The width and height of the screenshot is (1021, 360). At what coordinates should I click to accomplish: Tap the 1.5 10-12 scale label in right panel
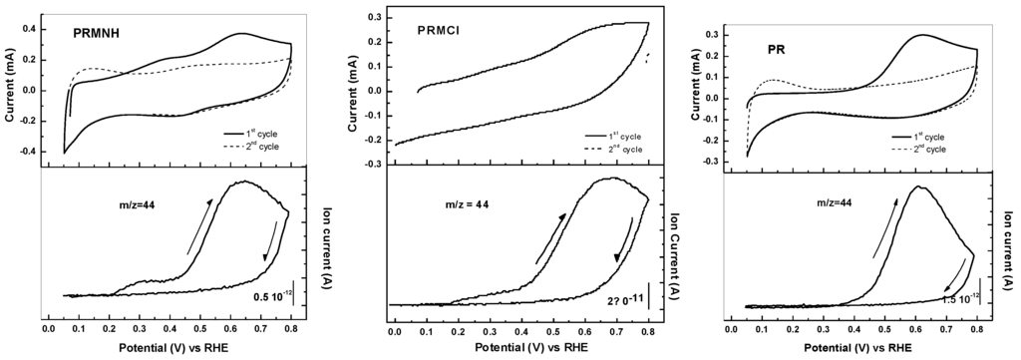point(964,297)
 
